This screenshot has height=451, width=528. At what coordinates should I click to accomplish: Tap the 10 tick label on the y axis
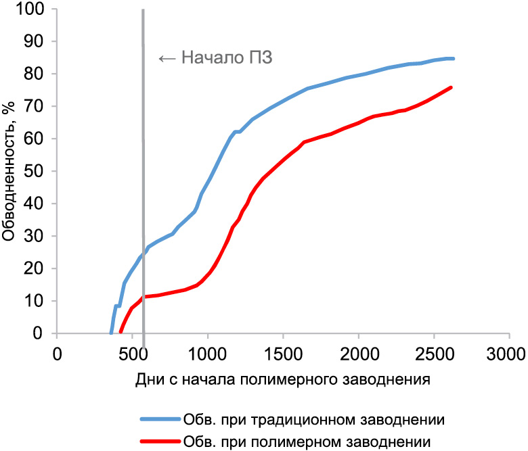(37, 301)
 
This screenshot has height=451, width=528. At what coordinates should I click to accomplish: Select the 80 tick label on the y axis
(37, 74)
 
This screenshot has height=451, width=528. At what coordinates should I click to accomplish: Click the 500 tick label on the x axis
(132, 353)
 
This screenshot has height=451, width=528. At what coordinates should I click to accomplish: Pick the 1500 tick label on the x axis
(282, 353)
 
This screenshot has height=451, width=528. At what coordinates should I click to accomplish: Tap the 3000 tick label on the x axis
(508, 353)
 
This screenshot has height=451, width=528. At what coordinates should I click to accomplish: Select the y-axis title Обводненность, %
(9, 171)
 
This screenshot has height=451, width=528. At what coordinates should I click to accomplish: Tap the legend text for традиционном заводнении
(313, 419)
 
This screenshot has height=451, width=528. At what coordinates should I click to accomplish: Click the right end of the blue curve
(453, 59)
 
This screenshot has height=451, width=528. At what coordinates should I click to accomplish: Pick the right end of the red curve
(451, 87)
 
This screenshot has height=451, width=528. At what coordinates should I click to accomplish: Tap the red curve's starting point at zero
(120, 332)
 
